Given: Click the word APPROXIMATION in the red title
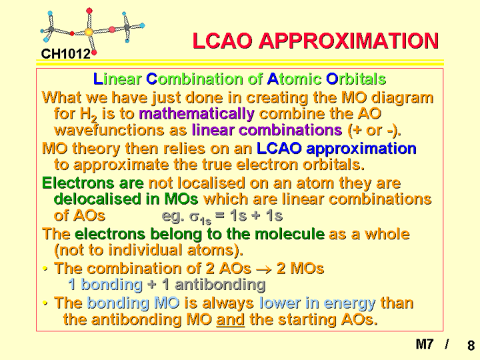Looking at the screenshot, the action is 349,41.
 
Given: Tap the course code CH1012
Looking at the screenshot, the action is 66,54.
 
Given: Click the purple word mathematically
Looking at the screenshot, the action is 197,114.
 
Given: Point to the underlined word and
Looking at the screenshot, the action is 231,319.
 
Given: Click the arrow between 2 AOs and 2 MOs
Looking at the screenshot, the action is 264,270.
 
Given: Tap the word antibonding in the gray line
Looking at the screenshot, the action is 220,285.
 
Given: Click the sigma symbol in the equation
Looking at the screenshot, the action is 195,217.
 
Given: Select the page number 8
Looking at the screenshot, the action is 471,345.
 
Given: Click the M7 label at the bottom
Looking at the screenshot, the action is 425,344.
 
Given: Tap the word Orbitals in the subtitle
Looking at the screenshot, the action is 356,79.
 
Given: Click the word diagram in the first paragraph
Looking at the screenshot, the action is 402,98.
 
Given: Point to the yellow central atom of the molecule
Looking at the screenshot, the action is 89,31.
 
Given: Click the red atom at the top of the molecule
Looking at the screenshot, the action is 89,11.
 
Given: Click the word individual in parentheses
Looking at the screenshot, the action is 145,250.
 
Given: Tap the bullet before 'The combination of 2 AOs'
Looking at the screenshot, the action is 45,269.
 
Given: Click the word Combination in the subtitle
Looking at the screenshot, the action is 195,79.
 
